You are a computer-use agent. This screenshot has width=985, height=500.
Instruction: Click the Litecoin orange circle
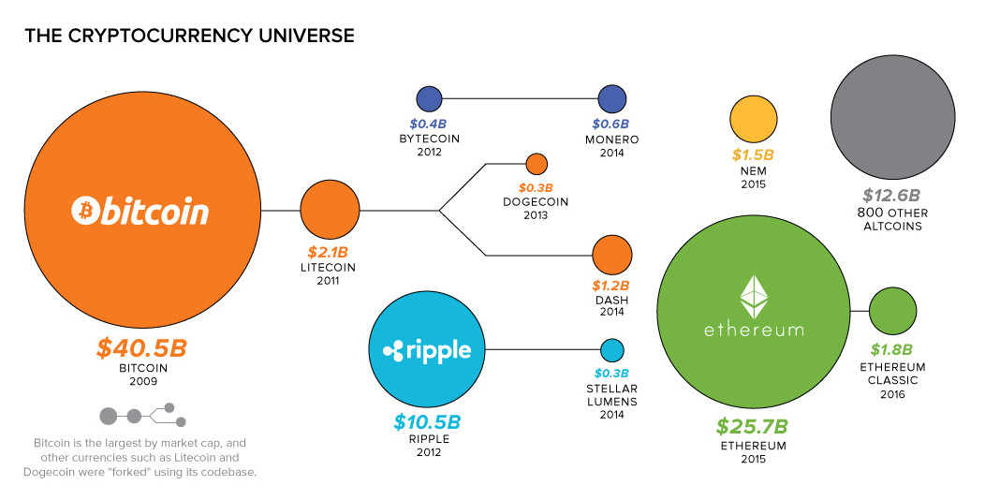330,211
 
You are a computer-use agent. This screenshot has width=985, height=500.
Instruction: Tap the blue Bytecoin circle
429,98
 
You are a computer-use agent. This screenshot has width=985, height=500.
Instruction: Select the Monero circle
611,98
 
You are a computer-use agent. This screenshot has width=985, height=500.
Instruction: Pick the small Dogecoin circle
536,164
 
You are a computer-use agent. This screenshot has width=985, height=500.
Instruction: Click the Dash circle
611,254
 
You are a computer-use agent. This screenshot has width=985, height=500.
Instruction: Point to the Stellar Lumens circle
611,350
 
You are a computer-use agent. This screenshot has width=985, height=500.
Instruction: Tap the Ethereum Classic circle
892,311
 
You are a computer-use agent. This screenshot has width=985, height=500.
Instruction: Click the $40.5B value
142,348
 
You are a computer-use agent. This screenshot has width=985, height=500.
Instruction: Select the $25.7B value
752,426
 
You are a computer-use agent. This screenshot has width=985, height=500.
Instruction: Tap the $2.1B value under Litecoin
329,251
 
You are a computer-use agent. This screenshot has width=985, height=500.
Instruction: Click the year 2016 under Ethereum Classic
892,394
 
